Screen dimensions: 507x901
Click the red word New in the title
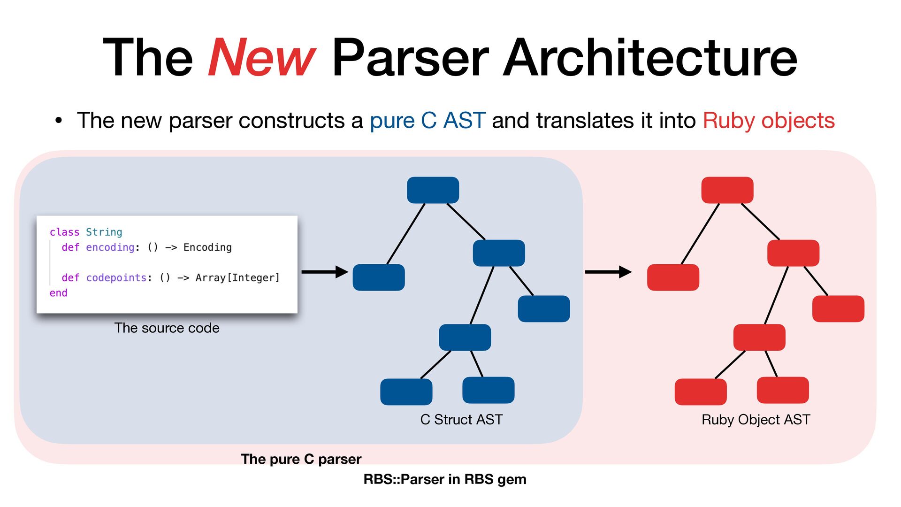[261, 58]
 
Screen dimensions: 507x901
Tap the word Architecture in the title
[650, 58]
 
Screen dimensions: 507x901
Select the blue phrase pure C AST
[427, 121]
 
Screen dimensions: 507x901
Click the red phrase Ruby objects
[768, 121]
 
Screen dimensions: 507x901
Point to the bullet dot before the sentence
[58, 121]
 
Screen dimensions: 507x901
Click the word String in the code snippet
[104, 232]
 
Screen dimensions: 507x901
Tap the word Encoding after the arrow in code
[207, 247]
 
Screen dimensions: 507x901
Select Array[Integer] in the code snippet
[237, 277]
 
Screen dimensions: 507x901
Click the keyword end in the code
[58, 293]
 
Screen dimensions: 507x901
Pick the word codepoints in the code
[116, 277]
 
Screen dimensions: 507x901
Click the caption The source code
[167, 328]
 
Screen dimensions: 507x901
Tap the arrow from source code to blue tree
[324, 272]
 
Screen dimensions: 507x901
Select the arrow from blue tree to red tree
[608, 272]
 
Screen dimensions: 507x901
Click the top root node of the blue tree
[433, 190]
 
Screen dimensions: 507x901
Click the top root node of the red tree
[727, 190]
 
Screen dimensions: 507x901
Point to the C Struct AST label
[461, 419]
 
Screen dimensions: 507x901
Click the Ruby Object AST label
[756, 419]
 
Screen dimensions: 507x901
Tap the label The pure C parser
[301, 459]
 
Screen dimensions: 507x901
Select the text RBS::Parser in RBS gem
[445, 479]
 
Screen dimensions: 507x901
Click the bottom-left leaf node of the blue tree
[406, 392]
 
